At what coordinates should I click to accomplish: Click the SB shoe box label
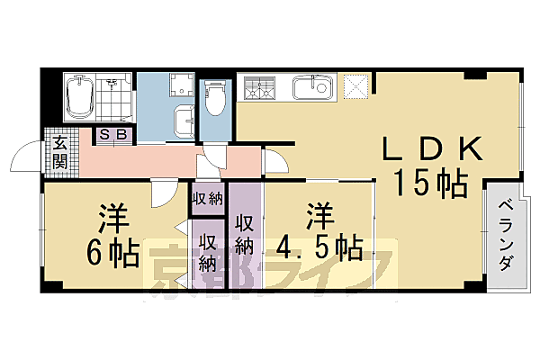click(114, 135)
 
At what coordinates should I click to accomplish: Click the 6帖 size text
click(112, 253)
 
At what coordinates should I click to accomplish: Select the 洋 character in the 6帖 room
click(111, 219)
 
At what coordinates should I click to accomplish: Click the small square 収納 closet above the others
click(207, 198)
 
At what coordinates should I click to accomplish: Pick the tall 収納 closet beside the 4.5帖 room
click(244, 234)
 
